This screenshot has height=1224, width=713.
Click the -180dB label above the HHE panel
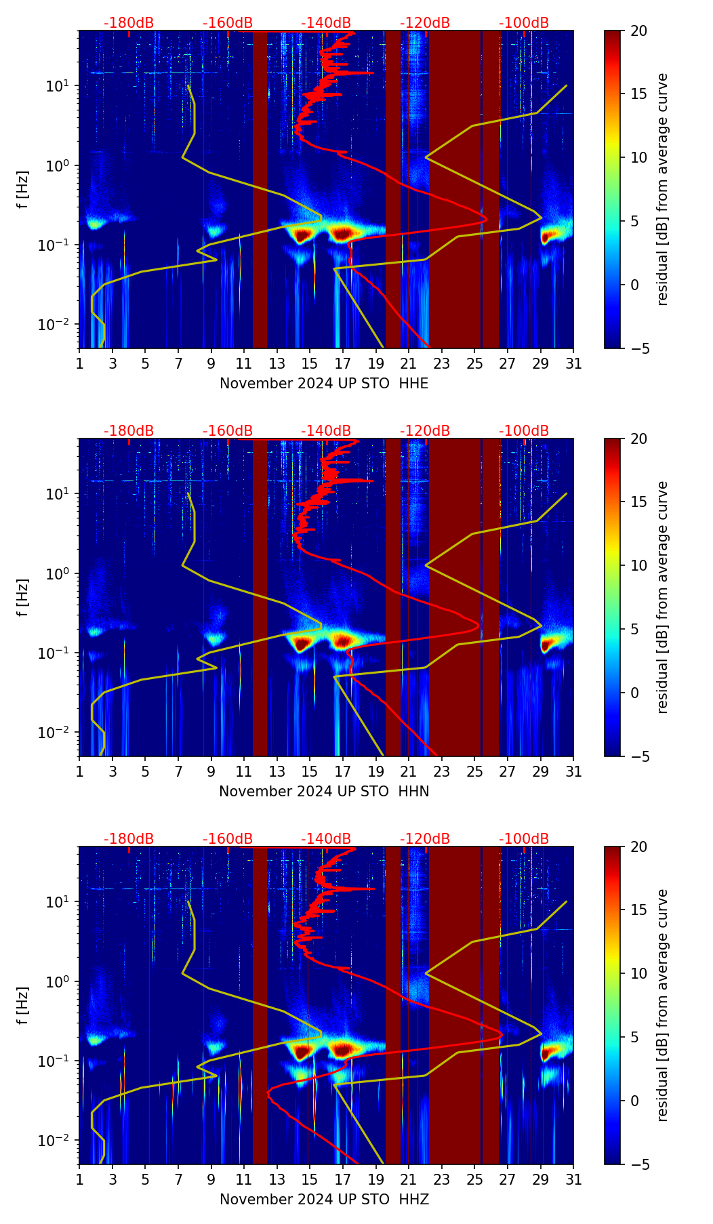129,23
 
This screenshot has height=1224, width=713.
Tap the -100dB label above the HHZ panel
524,839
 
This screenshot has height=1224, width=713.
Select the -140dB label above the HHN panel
326,431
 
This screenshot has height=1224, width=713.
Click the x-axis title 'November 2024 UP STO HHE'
324,384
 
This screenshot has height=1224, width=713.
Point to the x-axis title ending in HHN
324,792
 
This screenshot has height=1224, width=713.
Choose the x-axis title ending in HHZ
324,1200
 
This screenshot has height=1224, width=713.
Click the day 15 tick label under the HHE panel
310,364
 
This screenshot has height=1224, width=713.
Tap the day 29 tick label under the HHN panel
541,772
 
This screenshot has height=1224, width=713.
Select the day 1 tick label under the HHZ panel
80,1180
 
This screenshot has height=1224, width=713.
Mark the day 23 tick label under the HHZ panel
442,1180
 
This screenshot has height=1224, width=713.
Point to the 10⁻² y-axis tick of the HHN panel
57,733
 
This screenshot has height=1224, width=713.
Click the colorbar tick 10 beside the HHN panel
640,565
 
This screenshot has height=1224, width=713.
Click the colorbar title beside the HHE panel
663,189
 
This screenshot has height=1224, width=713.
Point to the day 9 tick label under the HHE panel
211,364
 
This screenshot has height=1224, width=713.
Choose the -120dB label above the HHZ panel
425,839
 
